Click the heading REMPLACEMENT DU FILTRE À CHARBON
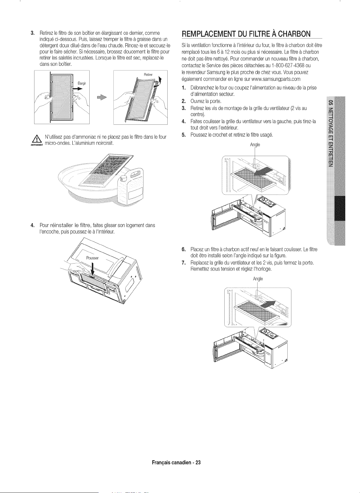coord(246,34)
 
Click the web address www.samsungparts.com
coord(276,79)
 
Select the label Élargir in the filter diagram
coord(82,83)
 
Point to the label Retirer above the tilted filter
coord(148,75)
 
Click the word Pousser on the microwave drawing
coord(92,258)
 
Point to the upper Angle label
coord(255,145)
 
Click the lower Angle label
coord(258,279)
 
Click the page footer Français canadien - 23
coord(176,462)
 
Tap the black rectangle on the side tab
coord(340,208)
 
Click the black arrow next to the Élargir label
coord(78,89)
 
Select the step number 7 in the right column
coord(184,263)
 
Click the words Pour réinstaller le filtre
coord(65,225)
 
